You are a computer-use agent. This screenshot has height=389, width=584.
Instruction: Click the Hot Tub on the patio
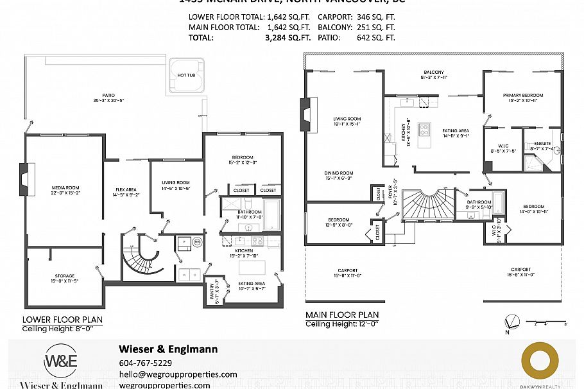pos(186,75)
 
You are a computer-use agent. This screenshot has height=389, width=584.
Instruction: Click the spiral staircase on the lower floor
pos(142,255)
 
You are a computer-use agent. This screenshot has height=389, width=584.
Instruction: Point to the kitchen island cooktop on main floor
pos(424,130)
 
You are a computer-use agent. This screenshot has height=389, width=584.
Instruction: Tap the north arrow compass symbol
pos(511,321)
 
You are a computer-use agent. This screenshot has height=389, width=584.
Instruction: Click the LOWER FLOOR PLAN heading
pos(62,319)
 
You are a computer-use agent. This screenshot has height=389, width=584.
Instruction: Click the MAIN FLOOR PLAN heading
pos(341,315)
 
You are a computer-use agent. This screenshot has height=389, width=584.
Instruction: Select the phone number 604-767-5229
pos(146,363)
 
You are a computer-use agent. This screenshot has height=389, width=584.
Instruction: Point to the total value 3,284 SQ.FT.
pos(288,38)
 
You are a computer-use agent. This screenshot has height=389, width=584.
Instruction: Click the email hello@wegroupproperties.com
pos(178,374)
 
